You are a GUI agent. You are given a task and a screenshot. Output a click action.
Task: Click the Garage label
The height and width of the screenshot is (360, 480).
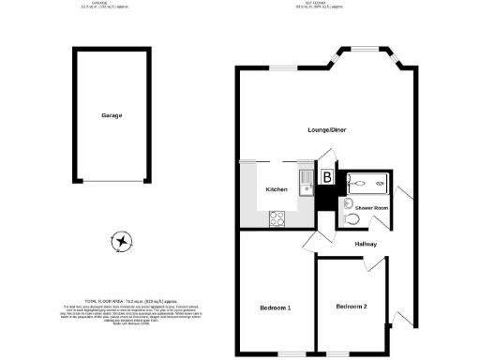[112, 115]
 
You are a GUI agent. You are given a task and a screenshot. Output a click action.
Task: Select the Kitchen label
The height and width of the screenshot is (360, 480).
[276, 189]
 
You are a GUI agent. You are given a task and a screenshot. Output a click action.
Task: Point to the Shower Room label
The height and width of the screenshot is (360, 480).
[372, 207]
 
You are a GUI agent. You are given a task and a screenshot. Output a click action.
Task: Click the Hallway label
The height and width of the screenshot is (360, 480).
[367, 244]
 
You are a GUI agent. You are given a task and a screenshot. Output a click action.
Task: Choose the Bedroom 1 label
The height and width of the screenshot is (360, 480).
[275, 307]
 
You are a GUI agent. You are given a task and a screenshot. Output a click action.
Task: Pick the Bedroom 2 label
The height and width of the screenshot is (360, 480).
[351, 307]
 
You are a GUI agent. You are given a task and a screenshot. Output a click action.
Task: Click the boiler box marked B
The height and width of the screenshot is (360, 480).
[327, 176]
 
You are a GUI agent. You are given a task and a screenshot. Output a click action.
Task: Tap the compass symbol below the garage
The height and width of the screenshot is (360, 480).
[121, 242]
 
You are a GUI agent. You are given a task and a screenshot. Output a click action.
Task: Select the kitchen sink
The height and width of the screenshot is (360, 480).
[306, 180]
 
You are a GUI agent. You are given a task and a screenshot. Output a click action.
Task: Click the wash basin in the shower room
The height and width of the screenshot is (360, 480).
[347, 203]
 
